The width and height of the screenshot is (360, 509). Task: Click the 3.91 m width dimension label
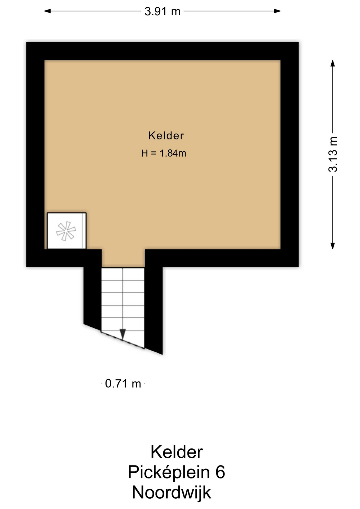[162, 11]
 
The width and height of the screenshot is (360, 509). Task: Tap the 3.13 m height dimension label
[333, 154]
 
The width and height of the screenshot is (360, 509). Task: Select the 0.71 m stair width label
[123, 384]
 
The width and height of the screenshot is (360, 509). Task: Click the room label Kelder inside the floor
[166, 135]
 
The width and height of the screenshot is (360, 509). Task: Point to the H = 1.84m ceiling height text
[164, 153]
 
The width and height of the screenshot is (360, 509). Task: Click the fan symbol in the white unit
[66, 231]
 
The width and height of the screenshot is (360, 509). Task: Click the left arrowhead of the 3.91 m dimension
[47, 11]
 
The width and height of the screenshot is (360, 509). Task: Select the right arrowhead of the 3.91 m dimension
[277, 11]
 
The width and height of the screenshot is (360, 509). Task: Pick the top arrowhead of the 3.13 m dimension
[333, 63]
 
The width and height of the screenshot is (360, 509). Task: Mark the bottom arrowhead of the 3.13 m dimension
[333, 246]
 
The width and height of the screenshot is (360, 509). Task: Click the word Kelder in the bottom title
[177, 452]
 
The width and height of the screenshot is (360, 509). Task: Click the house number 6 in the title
[220, 472]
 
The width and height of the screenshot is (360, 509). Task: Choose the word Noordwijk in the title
[171, 493]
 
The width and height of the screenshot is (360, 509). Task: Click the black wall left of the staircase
[93, 294]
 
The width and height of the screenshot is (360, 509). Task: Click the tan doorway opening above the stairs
[123, 258]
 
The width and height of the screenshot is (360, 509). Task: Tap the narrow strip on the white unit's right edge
[84, 231]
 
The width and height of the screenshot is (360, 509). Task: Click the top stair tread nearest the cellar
[123, 274]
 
